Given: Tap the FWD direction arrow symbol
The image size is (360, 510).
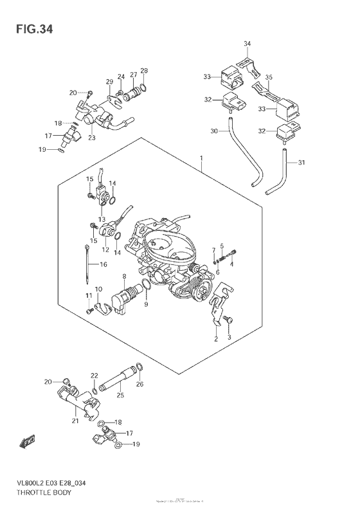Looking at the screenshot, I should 28,441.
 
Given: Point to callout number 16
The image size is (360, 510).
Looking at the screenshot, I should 103,265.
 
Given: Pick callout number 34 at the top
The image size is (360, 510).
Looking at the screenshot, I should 248,44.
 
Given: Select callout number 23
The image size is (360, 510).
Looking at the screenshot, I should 92,137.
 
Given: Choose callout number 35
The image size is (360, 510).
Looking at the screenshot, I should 269,77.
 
